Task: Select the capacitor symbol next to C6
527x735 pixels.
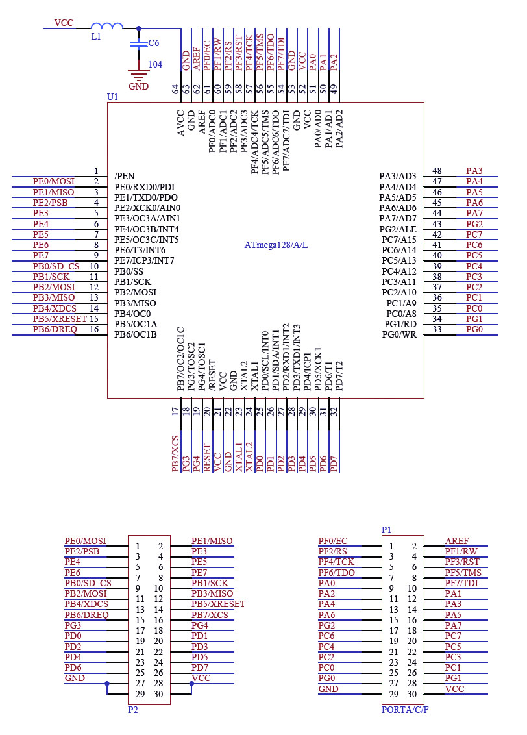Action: point(139,44)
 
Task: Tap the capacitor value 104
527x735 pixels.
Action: point(155,64)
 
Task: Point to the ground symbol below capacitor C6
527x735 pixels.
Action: point(139,76)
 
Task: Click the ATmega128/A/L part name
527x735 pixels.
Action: point(276,245)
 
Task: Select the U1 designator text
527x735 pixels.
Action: point(112,97)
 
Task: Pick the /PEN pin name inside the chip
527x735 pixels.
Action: point(125,176)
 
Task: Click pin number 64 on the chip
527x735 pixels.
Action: point(175,89)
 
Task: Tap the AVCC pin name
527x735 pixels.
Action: point(181,123)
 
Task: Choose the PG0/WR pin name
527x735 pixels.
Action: point(399,334)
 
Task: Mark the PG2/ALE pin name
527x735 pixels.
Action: point(398,229)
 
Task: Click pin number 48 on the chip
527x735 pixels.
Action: point(437,171)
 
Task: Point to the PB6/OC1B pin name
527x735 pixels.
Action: point(136,334)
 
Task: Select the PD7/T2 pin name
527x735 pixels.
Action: point(339,375)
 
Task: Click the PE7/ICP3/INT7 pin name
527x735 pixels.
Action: point(144,260)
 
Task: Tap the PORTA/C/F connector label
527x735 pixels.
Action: point(405,710)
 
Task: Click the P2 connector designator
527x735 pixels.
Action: point(133,710)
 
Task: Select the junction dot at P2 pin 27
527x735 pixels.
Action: point(107,684)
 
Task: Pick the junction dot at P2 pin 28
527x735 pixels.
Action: point(191,684)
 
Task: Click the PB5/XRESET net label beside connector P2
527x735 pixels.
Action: point(218,604)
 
